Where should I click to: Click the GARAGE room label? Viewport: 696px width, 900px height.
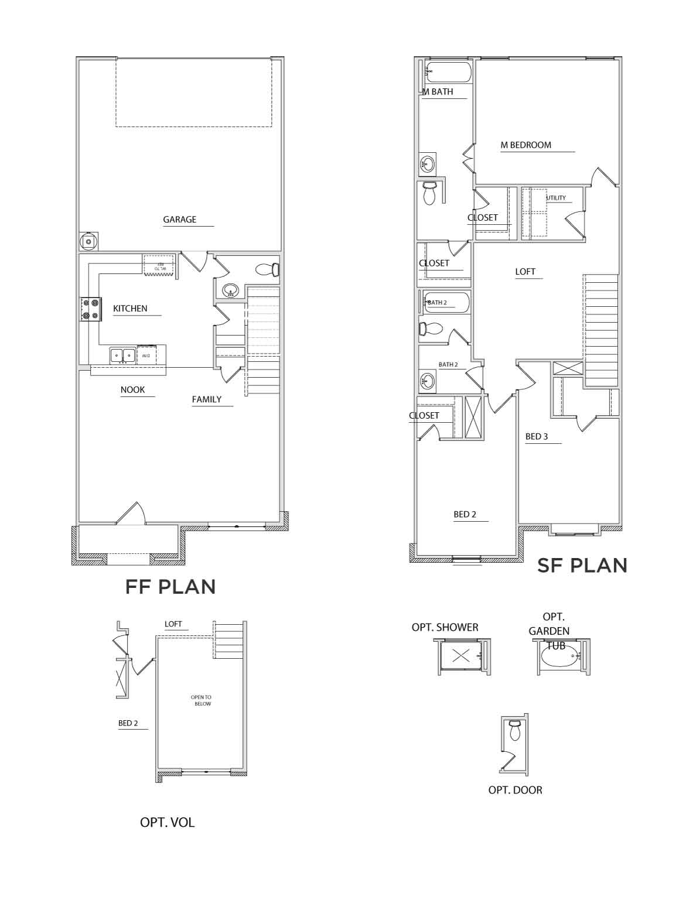tap(179, 220)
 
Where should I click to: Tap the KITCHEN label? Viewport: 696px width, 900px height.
tap(130, 309)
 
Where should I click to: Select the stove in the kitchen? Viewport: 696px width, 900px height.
tap(90, 309)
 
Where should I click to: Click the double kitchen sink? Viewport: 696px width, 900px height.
tap(122, 355)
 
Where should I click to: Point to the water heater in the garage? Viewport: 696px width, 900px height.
tap(88, 241)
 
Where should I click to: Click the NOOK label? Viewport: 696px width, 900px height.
tap(132, 390)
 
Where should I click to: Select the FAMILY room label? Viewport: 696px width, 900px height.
tap(207, 399)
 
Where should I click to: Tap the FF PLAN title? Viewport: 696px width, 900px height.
tap(170, 587)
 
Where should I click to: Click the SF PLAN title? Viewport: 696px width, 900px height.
tap(582, 566)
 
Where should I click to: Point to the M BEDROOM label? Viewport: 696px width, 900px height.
tap(526, 145)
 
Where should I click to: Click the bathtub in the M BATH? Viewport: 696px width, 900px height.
tap(448, 73)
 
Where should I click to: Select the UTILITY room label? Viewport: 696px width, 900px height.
tap(556, 198)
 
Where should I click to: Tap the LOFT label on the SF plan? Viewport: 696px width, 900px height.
tap(525, 272)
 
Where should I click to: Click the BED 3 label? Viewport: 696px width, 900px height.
tap(537, 437)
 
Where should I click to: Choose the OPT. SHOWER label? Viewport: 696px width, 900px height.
tap(445, 627)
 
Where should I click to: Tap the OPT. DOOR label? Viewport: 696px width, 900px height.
tap(515, 790)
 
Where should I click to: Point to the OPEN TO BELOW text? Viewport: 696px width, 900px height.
tap(201, 700)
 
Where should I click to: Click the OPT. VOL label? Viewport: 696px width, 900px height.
tap(167, 822)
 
